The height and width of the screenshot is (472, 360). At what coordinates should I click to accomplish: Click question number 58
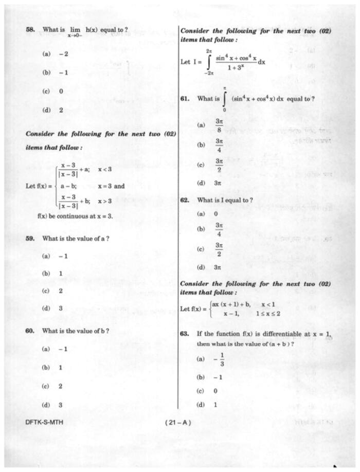(30, 30)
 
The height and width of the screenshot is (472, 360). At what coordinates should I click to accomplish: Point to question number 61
(186, 98)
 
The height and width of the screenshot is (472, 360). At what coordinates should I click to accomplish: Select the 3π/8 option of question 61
(219, 124)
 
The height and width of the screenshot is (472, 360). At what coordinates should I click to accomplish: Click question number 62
(186, 199)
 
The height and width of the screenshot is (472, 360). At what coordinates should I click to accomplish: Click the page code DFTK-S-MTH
(44, 423)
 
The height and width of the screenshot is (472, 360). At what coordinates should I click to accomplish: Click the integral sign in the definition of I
(209, 62)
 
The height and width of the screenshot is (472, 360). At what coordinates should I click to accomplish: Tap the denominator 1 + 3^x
(236, 67)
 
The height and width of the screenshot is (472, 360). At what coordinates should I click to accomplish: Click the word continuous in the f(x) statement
(74, 216)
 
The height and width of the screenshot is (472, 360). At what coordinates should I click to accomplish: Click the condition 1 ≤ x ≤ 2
(268, 313)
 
